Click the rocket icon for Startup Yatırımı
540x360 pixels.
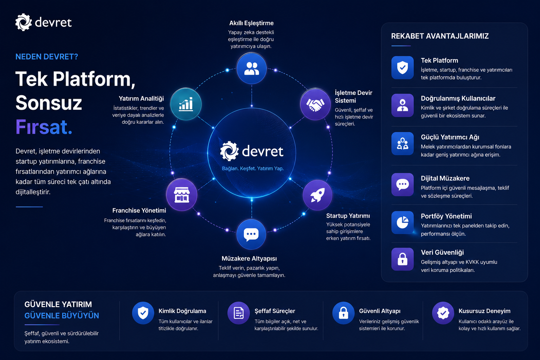(317, 195)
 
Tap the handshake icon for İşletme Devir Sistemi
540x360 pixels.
(315, 104)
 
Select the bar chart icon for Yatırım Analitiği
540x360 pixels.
(186, 104)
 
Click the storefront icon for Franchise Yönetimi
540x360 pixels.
(182, 195)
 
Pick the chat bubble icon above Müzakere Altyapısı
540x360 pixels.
(251, 234)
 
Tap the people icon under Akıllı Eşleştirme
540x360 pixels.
(251, 69)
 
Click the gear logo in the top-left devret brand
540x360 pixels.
(24, 22)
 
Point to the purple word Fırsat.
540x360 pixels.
(44, 127)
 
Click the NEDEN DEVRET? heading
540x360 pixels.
(47, 57)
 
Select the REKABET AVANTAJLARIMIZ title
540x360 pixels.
(440, 36)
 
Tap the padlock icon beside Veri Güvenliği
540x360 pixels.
(402, 259)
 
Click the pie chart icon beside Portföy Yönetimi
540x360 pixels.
(402, 223)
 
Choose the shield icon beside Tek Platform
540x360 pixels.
(402, 68)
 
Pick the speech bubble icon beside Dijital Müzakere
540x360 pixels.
(402, 185)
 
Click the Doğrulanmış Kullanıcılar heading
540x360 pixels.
(458, 98)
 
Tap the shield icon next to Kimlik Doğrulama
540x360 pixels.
(143, 313)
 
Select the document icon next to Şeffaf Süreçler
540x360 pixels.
(238, 313)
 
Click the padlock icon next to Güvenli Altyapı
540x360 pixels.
(343, 313)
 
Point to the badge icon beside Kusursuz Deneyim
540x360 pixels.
(443, 313)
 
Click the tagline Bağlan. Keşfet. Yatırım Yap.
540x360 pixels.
(253, 168)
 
